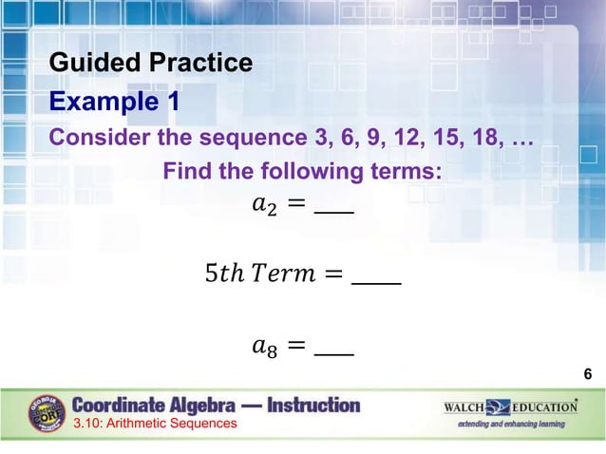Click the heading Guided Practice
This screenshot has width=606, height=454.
(x=151, y=64)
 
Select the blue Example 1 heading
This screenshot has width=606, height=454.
(x=114, y=101)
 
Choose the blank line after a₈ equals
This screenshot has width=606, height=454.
(x=333, y=353)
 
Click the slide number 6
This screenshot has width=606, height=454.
(x=588, y=375)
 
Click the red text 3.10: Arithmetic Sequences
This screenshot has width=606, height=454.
(x=155, y=424)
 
